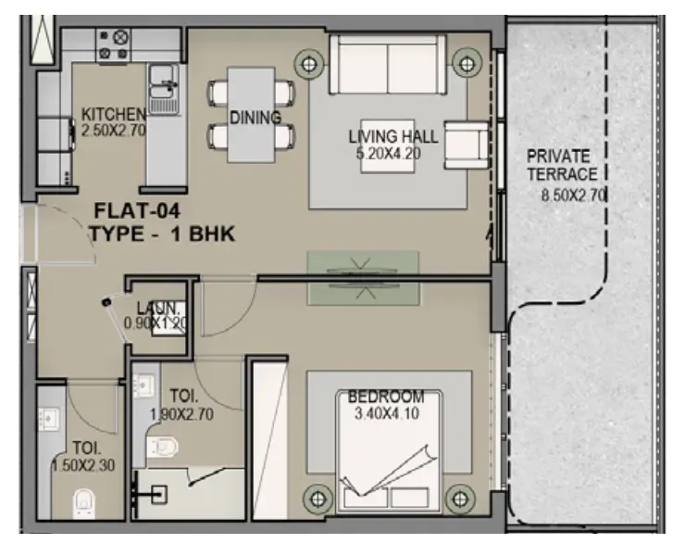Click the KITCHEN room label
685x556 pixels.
coord(113,115)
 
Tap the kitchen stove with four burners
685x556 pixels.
coord(114,44)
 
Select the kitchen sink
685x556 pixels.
coord(164,90)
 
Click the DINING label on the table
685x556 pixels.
coord(255,118)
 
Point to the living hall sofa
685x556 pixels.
coord(388,64)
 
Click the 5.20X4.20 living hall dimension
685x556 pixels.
coord(389,154)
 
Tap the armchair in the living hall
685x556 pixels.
coord(467,145)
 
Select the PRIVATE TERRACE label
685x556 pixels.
coord(562,165)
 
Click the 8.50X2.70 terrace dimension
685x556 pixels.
coord(573,195)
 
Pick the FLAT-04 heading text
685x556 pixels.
coord(137,211)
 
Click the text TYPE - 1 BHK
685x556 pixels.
coord(163,234)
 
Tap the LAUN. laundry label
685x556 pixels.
coord(157,308)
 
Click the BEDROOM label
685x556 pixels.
coord(386,397)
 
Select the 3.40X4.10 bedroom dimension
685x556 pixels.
coord(387,413)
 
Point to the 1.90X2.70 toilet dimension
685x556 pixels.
coord(181,414)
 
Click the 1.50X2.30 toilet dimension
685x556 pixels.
coord(83,465)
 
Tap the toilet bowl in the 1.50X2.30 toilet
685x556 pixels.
coord(84,502)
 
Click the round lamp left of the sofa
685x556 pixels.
coord(309,64)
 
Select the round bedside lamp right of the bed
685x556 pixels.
coord(460,499)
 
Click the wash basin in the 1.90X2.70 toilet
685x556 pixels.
coord(143,385)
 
